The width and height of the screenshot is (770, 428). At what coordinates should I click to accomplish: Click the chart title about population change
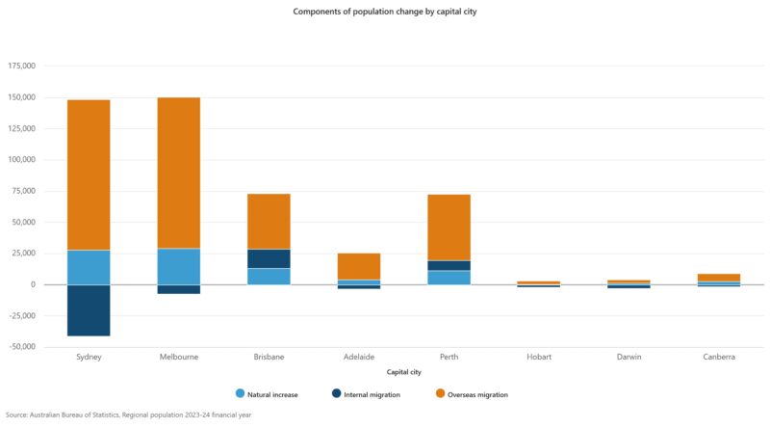(x=384, y=13)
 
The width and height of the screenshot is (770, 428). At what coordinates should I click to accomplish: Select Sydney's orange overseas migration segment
(x=89, y=174)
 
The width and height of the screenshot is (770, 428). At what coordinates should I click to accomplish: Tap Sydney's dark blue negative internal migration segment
(x=89, y=310)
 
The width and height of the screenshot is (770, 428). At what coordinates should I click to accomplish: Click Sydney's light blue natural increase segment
(x=89, y=267)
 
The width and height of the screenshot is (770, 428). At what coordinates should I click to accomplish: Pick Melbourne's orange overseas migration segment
(x=179, y=173)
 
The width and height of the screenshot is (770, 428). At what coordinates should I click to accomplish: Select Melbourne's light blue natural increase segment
(x=179, y=266)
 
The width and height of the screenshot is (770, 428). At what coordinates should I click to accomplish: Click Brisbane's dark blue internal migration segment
(x=269, y=258)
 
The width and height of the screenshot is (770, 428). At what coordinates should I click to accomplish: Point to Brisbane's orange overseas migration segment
(x=269, y=221)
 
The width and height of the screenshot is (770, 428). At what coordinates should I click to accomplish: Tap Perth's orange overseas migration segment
(x=449, y=227)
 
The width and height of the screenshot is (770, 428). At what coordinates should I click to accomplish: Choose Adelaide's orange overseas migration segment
(x=359, y=266)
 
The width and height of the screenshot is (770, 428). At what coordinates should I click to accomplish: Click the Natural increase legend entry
(x=267, y=394)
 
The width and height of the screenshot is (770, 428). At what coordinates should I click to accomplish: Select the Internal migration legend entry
(x=365, y=394)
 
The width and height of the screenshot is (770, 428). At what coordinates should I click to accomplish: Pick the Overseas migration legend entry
(x=471, y=394)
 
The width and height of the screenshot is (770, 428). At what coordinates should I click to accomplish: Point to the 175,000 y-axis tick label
(x=21, y=67)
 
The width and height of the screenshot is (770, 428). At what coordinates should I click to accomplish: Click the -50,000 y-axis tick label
(x=21, y=347)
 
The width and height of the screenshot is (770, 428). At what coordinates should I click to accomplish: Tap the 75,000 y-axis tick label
(x=23, y=191)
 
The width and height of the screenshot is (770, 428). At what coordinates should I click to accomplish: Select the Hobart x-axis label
(x=539, y=357)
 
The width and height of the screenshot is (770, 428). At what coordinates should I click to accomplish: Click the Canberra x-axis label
(x=719, y=357)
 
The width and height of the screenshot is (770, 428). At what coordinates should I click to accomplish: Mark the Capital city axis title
(x=403, y=372)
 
